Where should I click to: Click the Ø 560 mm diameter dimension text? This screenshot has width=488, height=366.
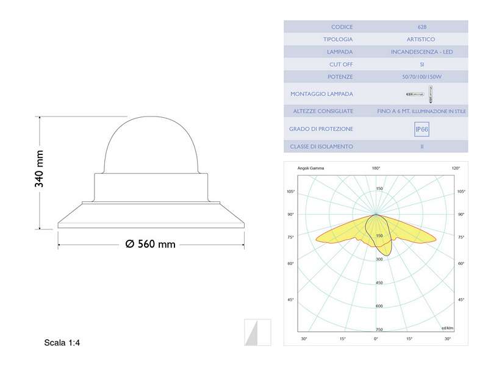[x=150, y=244]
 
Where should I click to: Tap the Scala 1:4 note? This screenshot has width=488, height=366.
[x=62, y=343]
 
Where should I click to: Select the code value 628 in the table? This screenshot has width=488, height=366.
[x=422, y=27]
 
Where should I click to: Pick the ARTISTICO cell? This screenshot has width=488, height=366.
[x=422, y=40]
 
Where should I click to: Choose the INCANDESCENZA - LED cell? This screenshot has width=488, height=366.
[x=422, y=52]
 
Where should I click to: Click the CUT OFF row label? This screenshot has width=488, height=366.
[x=341, y=64]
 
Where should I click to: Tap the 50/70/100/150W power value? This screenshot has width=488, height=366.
[x=422, y=77]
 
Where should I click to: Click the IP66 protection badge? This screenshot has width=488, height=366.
[x=422, y=129]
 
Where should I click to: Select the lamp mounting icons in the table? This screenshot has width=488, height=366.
[x=422, y=94]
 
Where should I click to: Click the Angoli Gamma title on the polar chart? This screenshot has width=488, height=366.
[x=310, y=168]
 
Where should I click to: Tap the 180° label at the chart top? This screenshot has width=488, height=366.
[x=376, y=168]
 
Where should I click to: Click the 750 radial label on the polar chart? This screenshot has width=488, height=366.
[x=379, y=329]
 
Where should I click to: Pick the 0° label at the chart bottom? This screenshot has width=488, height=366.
[x=376, y=339]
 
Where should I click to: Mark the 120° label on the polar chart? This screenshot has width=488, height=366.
[x=456, y=168]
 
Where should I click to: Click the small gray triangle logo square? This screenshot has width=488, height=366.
[x=257, y=332]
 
